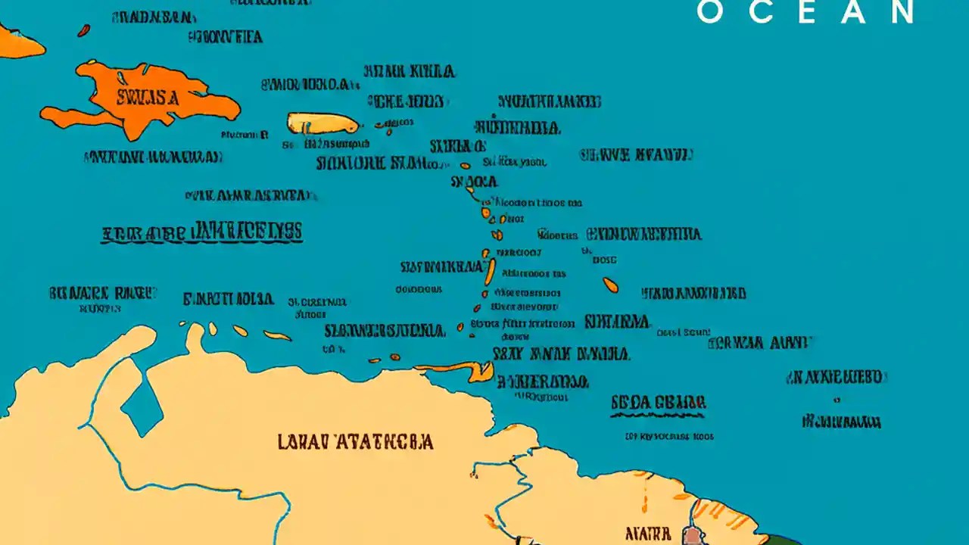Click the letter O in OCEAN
coord(710,12)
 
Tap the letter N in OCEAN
coord(902,12)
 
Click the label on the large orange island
coord(148,98)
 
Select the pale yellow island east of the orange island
coord(322,123)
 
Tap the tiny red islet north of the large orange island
coord(83,30)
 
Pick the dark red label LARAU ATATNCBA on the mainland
coord(355,442)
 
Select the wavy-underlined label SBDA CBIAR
coord(658,403)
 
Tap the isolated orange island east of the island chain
coord(610,285)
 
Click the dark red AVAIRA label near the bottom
coord(648,534)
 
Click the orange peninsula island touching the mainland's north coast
coord(462,370)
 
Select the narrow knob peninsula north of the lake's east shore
coord(195,337)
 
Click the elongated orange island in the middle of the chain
coord(491,272)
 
